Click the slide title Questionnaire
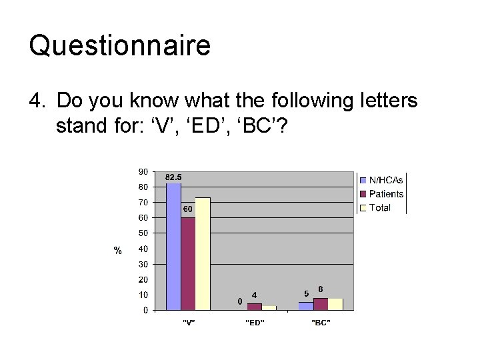coord(120,45)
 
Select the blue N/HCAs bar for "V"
coord(173,247)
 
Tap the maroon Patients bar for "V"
coord(188,263)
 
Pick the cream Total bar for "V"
coord(203,253)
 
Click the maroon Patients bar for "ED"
coord(255,307)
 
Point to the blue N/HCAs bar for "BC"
coord(306,306)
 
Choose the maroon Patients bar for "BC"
coord(321,304)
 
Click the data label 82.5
coord(173,177)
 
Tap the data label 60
coord(188,209)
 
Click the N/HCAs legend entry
coord(385,180)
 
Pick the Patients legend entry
coord(385,194)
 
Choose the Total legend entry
coord(379,208)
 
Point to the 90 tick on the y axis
coord(143,171)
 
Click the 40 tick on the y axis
coord(143,249)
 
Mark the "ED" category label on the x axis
coord(255,323)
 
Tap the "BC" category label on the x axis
coord(321,323)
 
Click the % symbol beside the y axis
coord(117,251)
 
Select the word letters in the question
coord(385,101)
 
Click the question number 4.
coord(35,101)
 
